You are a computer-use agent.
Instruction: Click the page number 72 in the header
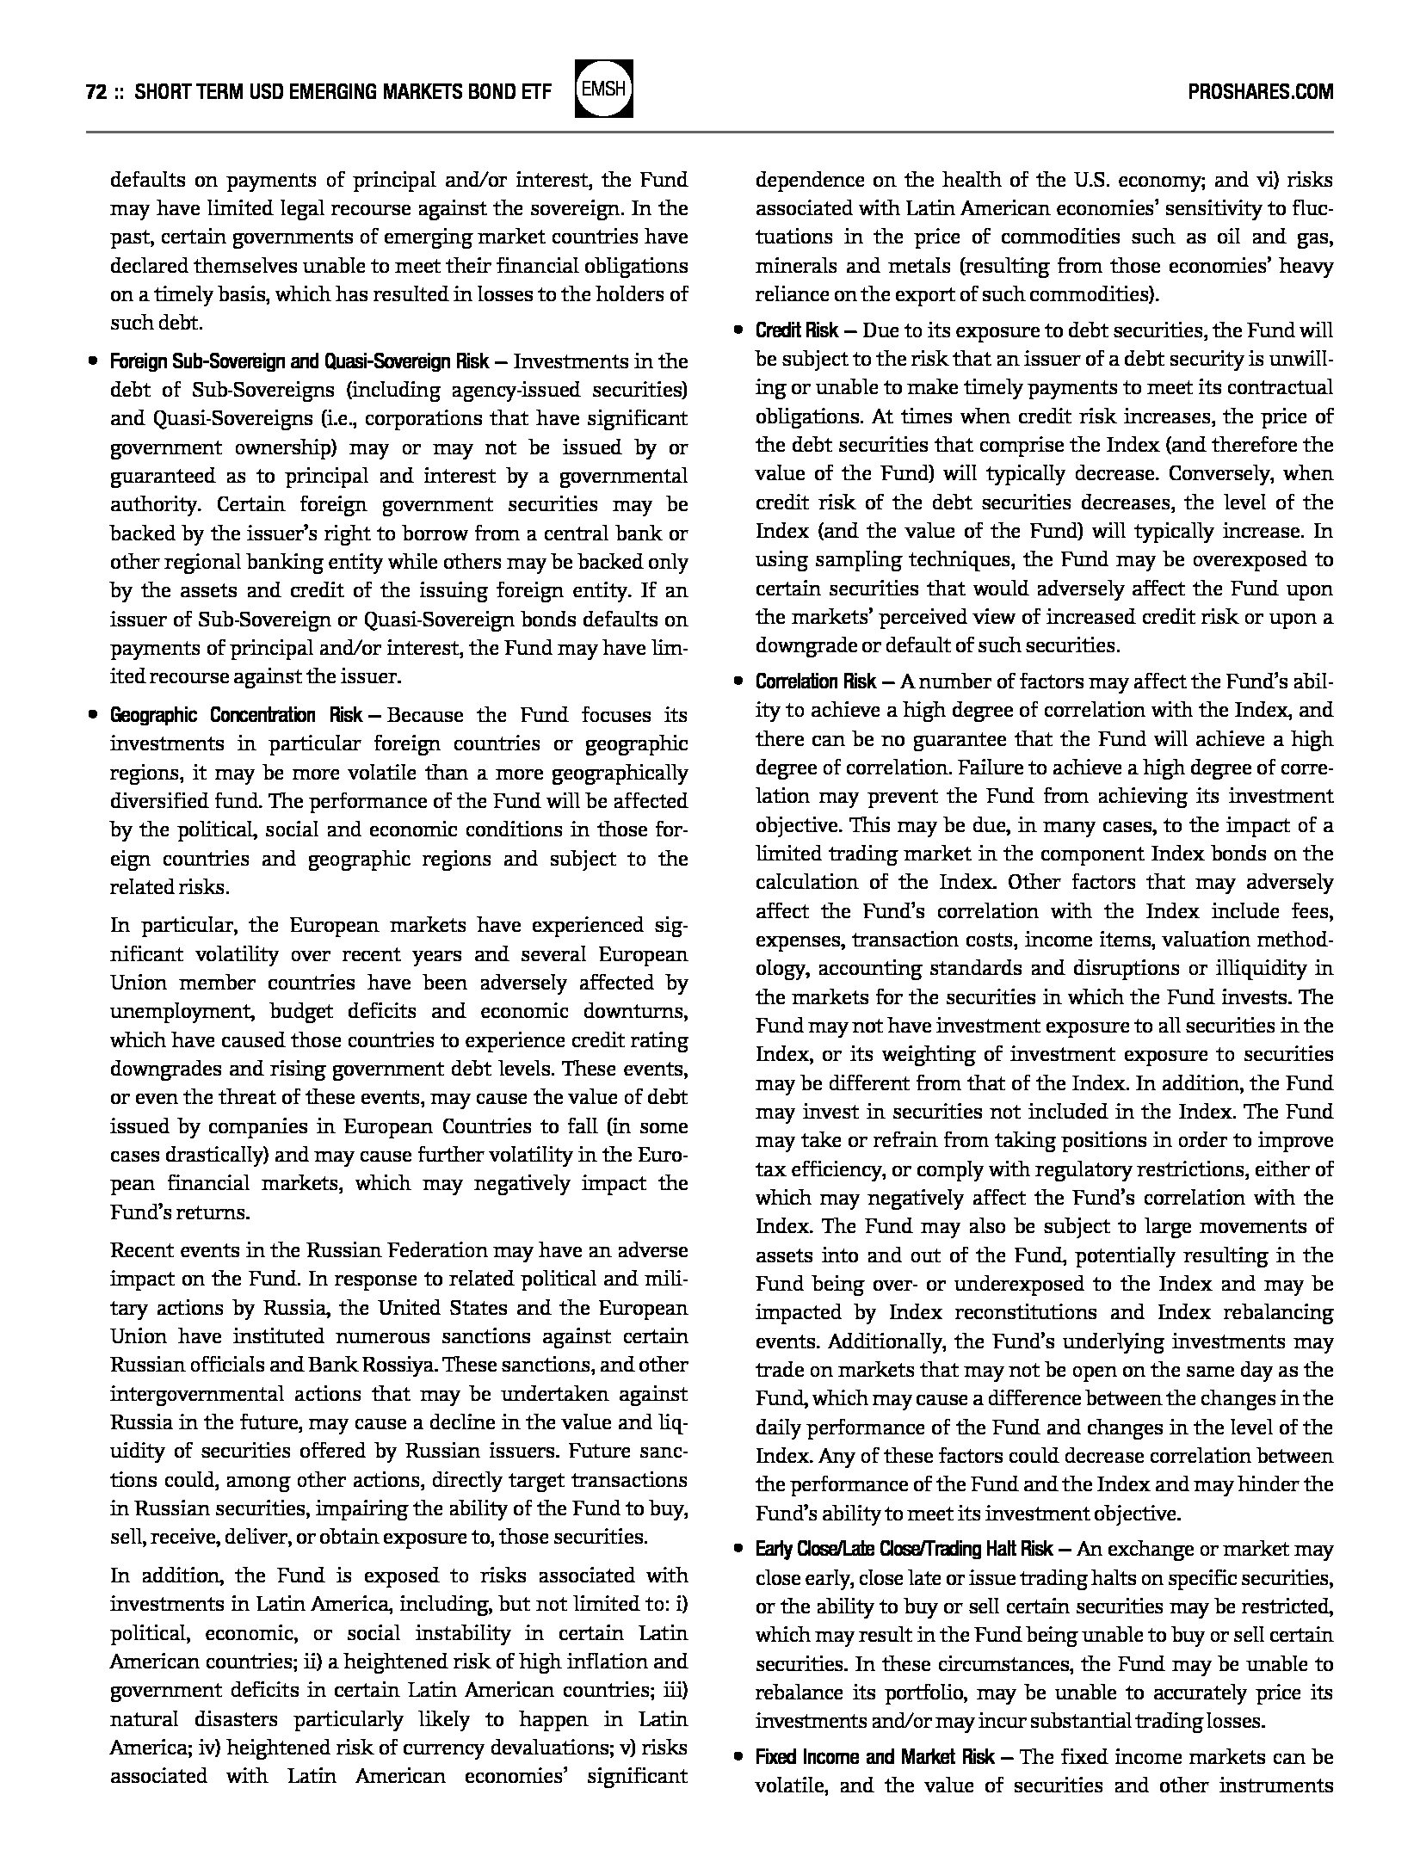coord(96,92)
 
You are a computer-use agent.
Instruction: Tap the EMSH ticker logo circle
coord(604,89)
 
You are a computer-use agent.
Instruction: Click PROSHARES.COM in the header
coord(1260,92)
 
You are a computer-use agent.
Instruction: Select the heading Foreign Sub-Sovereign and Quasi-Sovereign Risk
coord(299,361)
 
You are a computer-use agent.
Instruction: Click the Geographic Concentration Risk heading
coord(237,715)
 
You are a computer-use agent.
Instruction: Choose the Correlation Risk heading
coord(815,681)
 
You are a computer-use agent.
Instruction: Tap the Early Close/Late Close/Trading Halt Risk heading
coord(904,1549)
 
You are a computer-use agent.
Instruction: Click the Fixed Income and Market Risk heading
coord(874,1733)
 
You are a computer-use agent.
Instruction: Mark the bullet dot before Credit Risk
coord(738,330)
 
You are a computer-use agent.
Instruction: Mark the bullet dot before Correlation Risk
coord(738,681)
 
